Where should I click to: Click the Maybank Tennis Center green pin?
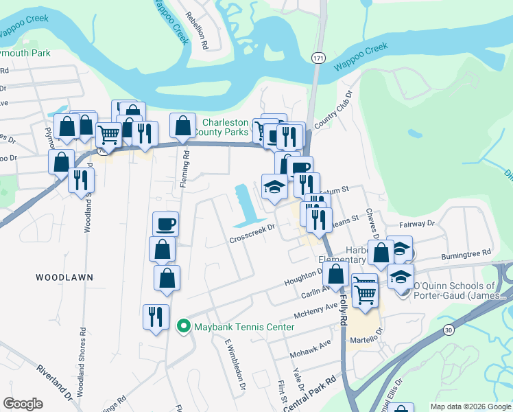[183, 326]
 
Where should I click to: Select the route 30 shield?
[448, 330]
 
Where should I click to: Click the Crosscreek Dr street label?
[252, 234]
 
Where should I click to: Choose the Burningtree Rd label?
[468, 253]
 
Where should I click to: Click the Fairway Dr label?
[416, 224]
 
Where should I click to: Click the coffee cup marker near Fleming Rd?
[165, 224]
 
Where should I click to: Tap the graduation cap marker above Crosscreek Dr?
[274, 186]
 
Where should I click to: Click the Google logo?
[23, 404]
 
